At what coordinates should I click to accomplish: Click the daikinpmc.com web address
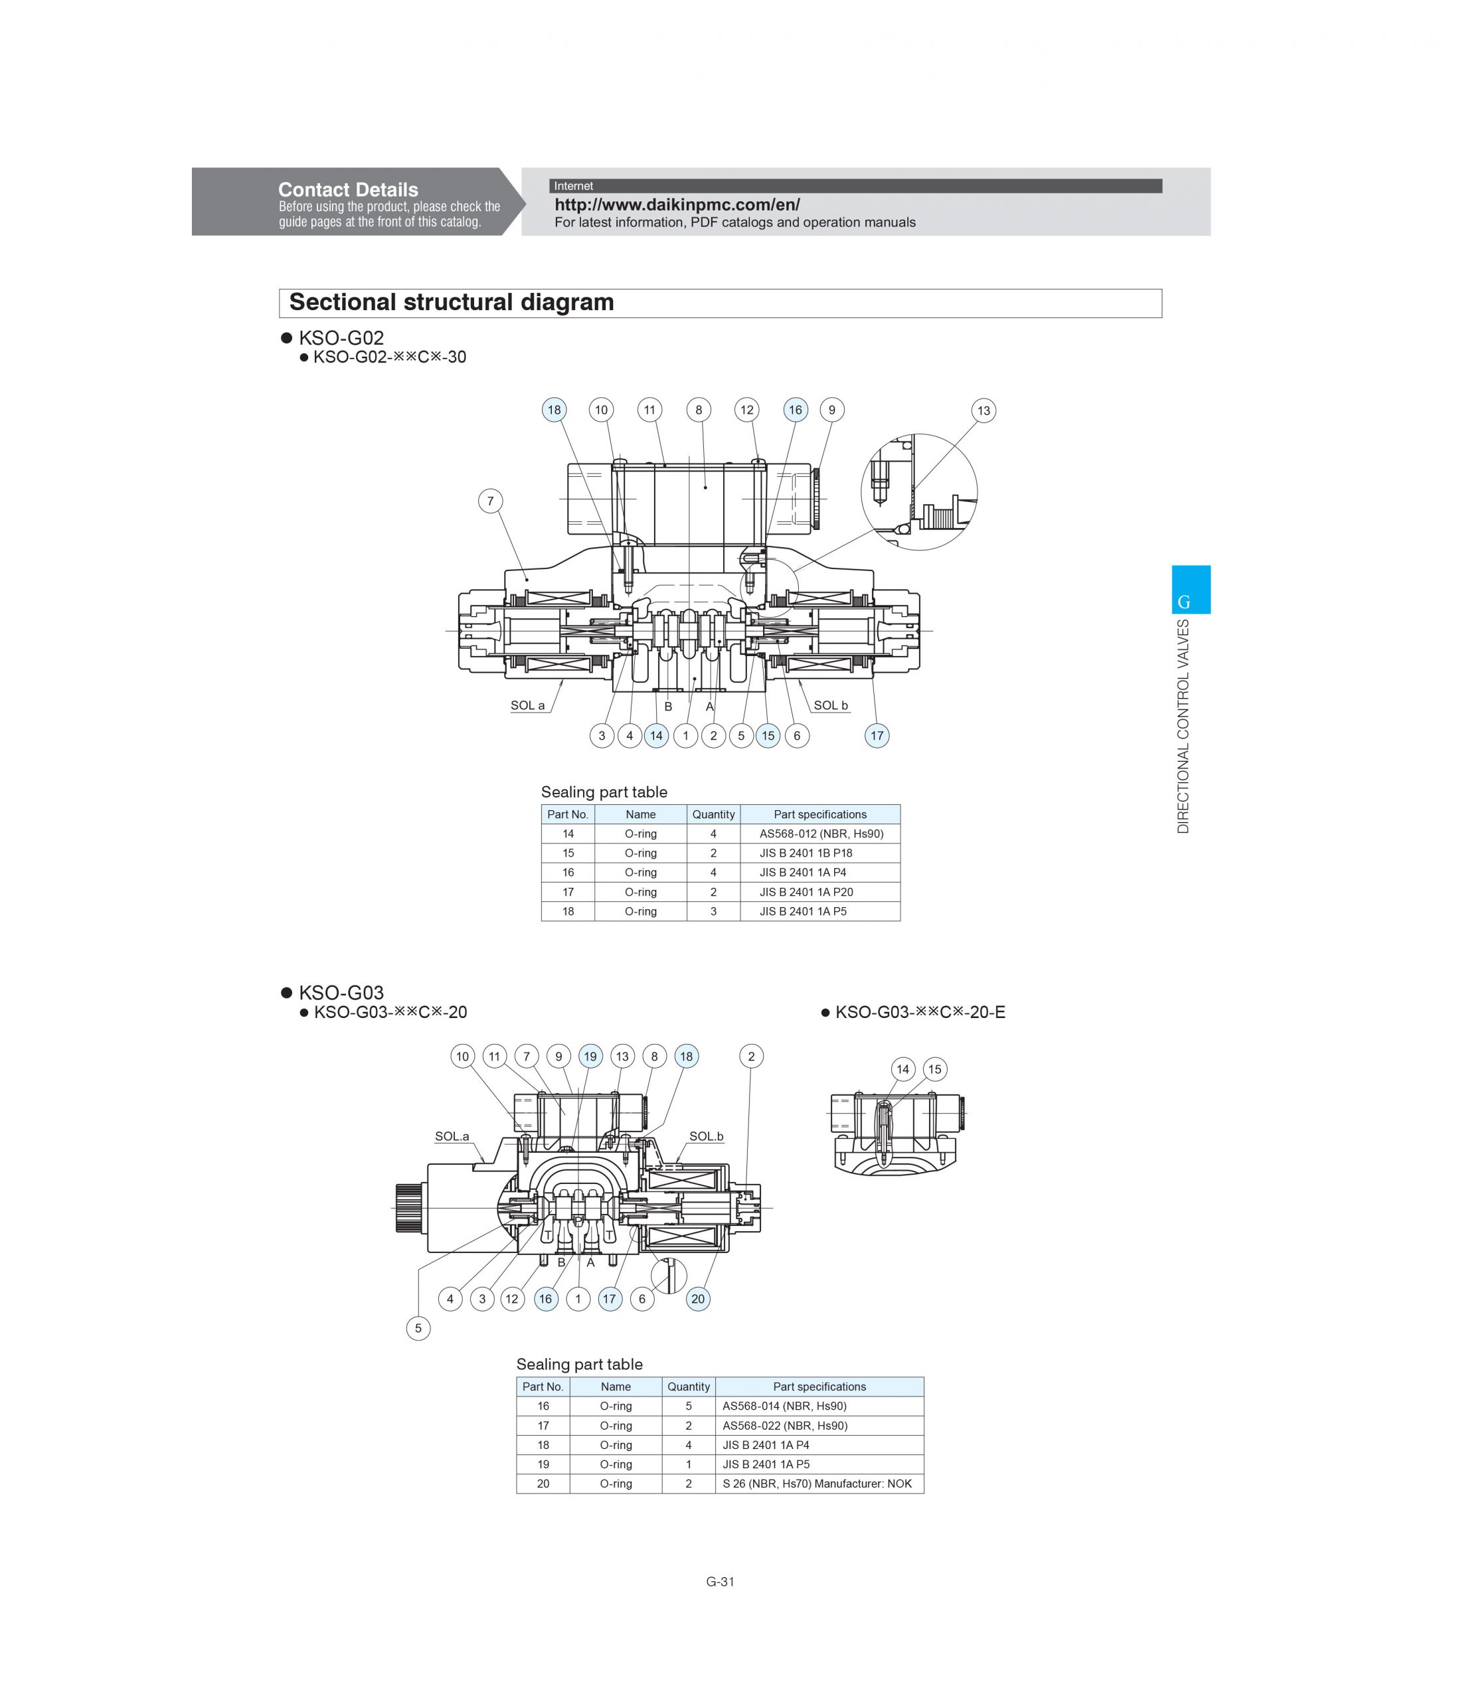pyautogui.click(x=677, y=205)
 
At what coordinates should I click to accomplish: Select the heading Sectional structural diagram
pyautogui.click(x=451, y=302)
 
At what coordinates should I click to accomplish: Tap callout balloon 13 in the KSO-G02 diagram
pyautogui.click(x=983, y=410)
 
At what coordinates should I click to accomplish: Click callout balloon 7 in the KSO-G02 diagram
pyautogui.click(x=491, y=501)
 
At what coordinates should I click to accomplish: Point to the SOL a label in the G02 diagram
pyautogui.click(x=527, y=705)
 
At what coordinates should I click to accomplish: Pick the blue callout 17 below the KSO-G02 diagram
pyautogui.click(x=877, y=735)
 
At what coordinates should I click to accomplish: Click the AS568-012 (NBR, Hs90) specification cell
pyautogui.click(x=820, y=833)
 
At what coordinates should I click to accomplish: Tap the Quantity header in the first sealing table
pyautogui.click(x=713, y=814)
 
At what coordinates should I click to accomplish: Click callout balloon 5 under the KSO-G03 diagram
pyautogui.click(x=418, y=1327)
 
